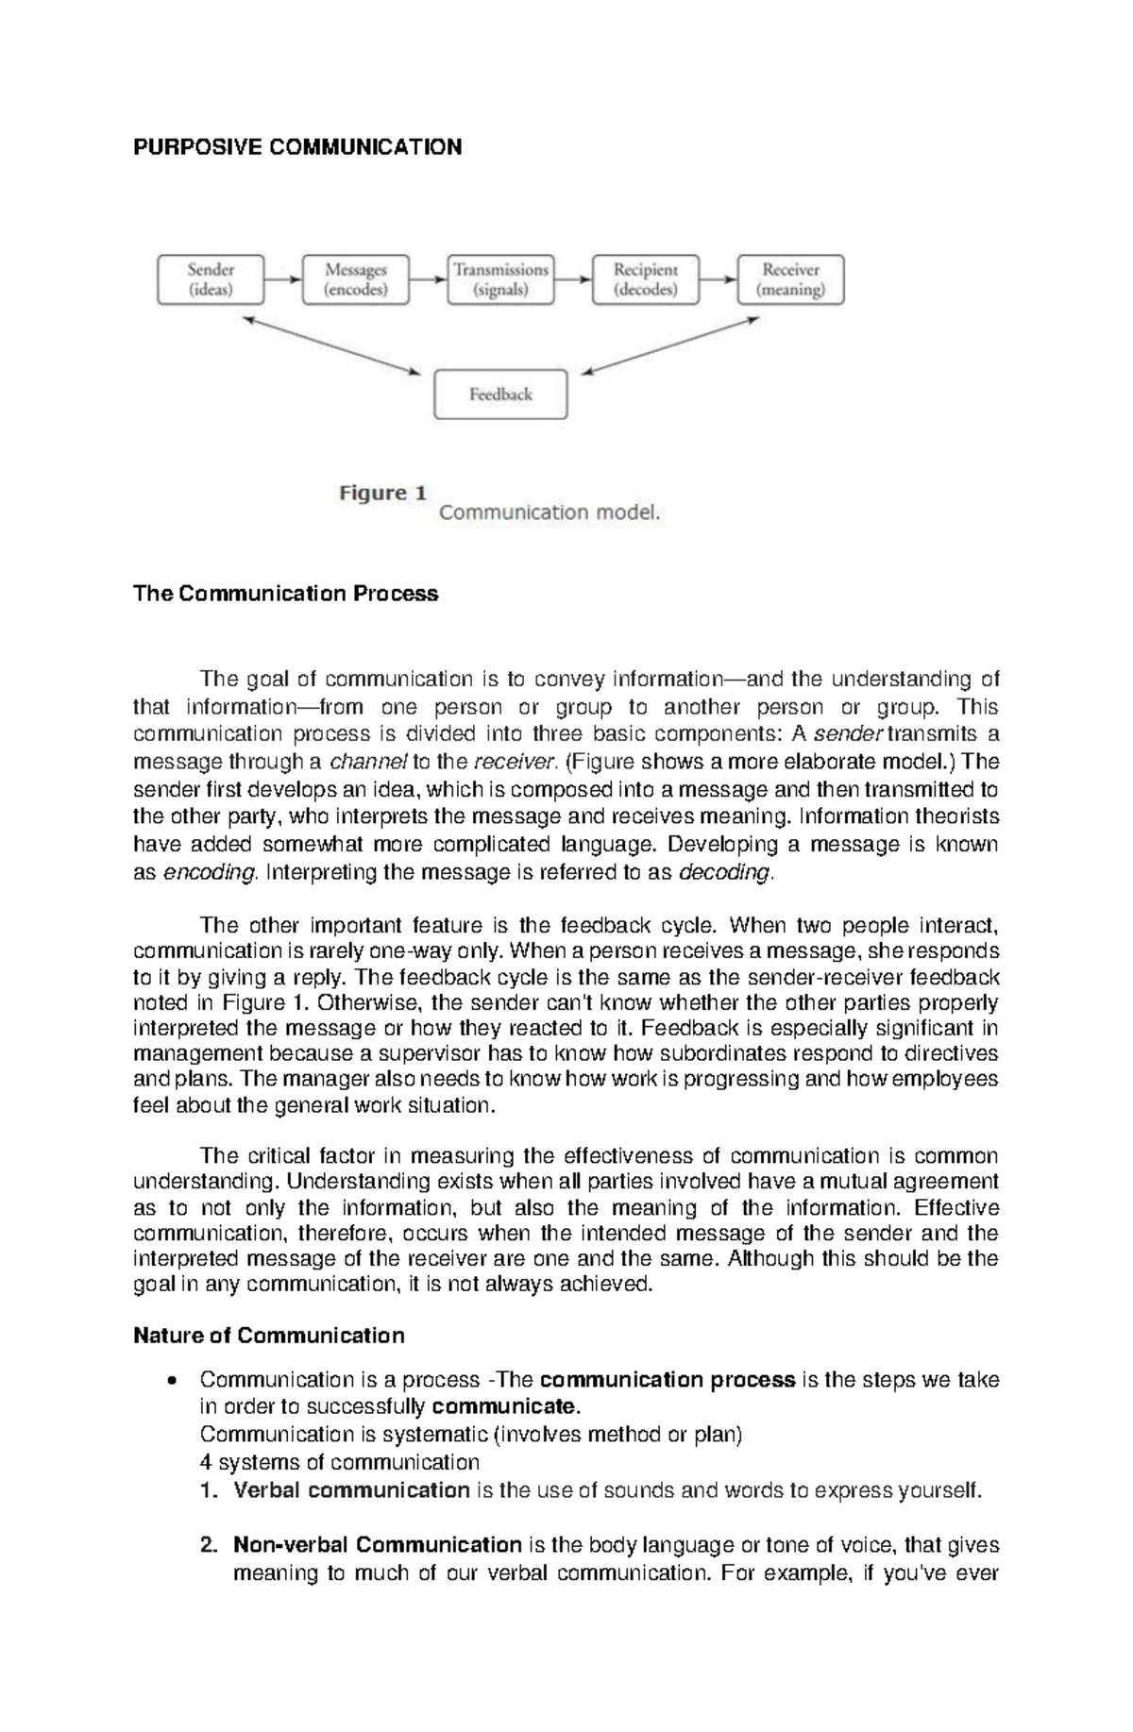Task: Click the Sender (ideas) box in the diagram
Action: (211, 279)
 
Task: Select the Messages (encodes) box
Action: (356, 279)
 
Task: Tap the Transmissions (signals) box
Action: (500, 279)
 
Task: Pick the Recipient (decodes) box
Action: (646, 279)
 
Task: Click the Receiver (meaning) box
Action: (790, 279)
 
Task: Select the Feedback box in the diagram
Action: (500, 395)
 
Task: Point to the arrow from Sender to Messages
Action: (282, 279)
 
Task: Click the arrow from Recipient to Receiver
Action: (718, 279)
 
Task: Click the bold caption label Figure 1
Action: (382, 494)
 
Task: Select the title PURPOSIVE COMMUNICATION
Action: (297, 147)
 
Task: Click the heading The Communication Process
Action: (286, 594)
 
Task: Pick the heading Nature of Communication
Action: (269, 1336)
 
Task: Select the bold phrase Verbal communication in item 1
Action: (351, 1490)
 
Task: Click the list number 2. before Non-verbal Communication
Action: (210, 1545)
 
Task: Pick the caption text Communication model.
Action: (550, 513)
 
